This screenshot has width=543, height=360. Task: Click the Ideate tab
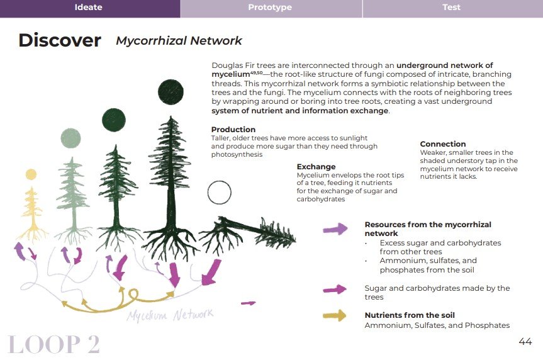point(88,8)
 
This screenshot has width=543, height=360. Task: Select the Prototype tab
point(270,8)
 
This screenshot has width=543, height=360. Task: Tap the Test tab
point(451,8)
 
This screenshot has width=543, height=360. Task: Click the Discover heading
point(59,40)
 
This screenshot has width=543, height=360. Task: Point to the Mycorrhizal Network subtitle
point(179,41)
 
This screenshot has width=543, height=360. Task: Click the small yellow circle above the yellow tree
point(31,174)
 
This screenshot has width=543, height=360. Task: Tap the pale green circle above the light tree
point(70,138)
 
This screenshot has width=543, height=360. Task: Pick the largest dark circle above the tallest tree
point(171,90)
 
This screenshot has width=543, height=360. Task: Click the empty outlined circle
point(219,192)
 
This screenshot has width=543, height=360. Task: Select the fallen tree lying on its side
point(252,231)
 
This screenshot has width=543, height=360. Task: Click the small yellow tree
point(31,208)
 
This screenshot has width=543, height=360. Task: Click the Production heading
point(233,130)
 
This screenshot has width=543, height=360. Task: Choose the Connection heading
point(443,144)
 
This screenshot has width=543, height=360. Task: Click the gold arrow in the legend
point(334,315)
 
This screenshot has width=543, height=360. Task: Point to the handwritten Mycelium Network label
point(170,314)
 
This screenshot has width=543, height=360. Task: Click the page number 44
point(525,342)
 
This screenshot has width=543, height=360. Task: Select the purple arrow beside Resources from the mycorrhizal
point(334,229)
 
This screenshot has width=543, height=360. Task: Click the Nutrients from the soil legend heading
point(410,315)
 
